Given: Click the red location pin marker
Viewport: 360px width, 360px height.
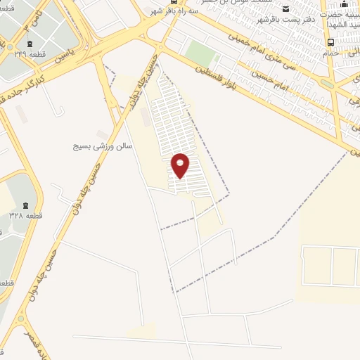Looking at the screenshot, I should tap(181, 165).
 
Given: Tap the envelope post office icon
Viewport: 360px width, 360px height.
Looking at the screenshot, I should tap(285, 8).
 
